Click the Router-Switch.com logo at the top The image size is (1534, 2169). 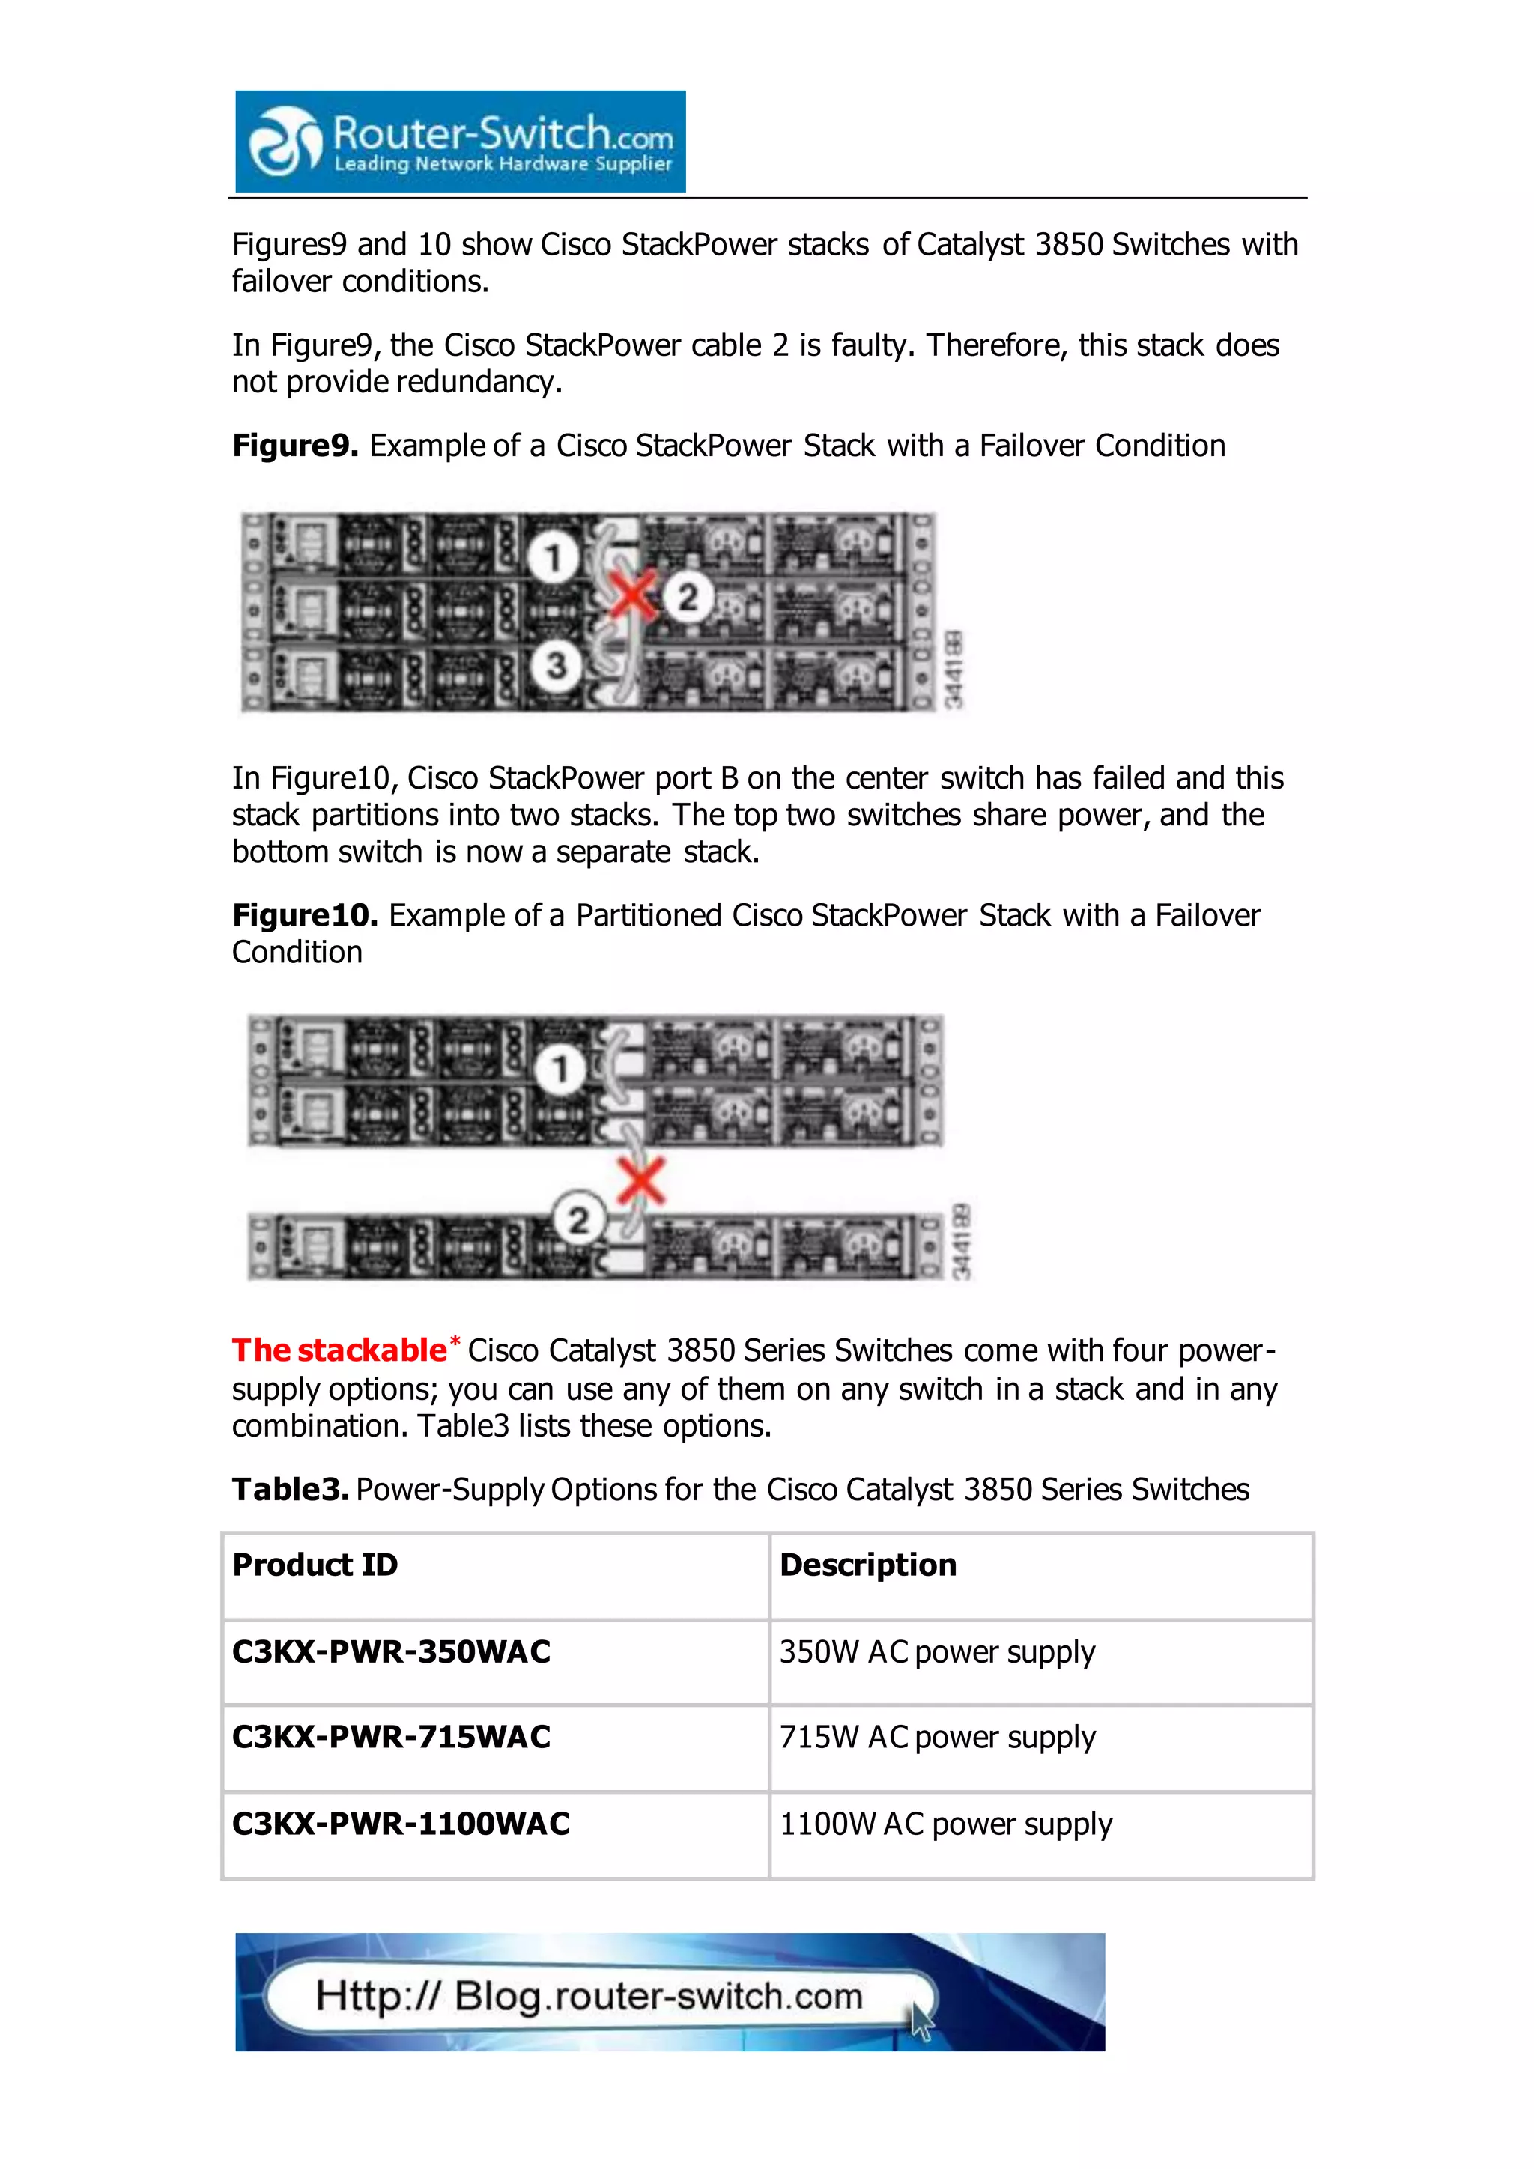460,142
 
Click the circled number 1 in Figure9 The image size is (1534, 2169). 553,556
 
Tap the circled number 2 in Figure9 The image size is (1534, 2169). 688,596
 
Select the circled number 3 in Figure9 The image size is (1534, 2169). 556,665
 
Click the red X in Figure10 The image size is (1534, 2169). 641,1182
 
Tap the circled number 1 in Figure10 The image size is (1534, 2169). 560,1070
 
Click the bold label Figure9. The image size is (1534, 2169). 294,446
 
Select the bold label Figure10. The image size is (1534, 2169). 304,915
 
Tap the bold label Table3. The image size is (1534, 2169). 290,1490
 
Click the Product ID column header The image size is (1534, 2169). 315,1565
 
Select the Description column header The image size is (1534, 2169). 867,1565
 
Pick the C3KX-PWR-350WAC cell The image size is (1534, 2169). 391,1652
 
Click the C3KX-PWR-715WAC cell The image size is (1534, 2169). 391,1738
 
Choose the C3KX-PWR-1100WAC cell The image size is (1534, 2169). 401,1824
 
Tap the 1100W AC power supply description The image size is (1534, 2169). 945,1824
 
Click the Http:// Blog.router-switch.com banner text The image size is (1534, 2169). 589,1996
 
